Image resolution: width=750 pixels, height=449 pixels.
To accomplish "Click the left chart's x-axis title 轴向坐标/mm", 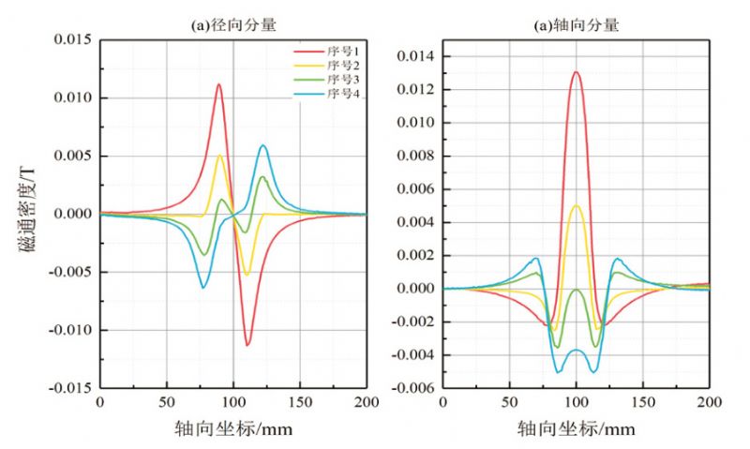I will click(232, 428).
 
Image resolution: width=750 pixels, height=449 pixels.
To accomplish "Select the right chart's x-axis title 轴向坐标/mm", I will click(576, 428).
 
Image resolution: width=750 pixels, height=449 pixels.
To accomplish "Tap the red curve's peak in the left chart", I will click(219, 84).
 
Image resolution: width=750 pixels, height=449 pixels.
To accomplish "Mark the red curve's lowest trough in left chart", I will click(247, 345).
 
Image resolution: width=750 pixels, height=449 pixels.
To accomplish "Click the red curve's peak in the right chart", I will click(576, 72).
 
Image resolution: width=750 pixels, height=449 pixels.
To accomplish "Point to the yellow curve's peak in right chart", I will click(576, 205).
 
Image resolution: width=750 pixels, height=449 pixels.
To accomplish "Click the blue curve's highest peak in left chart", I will click(263, 145).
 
